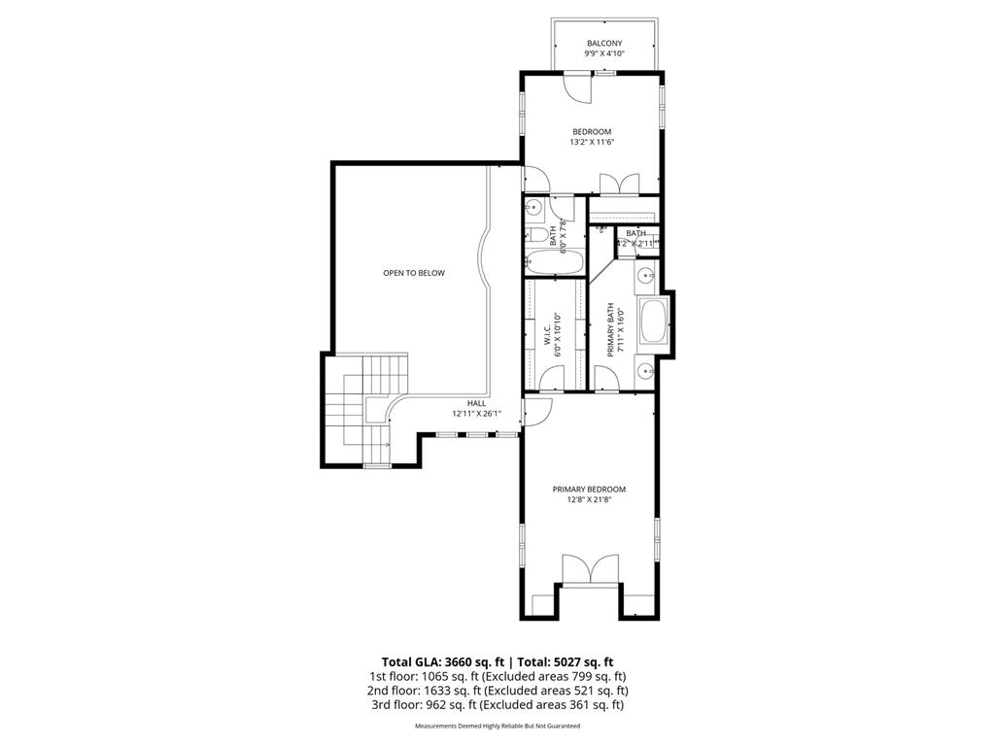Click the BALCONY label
603,43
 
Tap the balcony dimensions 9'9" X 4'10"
603,54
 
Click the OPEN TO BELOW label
413,273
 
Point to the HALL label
476,403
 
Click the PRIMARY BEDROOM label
589,490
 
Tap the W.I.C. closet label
548,335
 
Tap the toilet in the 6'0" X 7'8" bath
535,234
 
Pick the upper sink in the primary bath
648,278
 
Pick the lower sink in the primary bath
648,369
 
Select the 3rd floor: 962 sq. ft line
497,705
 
